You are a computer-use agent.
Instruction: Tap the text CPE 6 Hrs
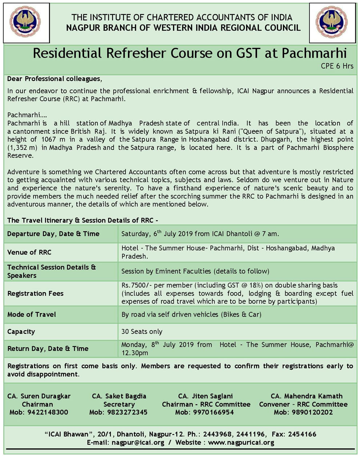pyautogui.click(x=337, y=66)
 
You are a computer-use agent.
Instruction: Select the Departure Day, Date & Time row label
pyautogui.click(x=53, y=234)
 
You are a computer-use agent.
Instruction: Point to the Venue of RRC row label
pyautogui.click(x=29, y=252)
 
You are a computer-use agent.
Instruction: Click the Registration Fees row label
pyautogui.click(x=35, y=293)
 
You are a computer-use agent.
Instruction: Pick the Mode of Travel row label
pyautogui.click(x=32, y=315)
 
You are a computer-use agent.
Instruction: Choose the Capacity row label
pyautogui.click(x=21, y=332)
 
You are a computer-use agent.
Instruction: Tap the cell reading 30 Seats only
pyautogui.click(x=142, y=332)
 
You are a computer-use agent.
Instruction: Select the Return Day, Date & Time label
pyautogui.click(x=48, y=349)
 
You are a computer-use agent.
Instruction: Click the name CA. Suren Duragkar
pyautogui.click(x=39, y=396)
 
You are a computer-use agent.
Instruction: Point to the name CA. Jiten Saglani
pyautogui.click(x=205, y=396)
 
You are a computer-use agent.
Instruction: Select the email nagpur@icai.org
pyautogui.click(x=138, y=443)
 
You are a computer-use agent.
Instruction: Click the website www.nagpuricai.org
pyautogui.click(x=241, y=443)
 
